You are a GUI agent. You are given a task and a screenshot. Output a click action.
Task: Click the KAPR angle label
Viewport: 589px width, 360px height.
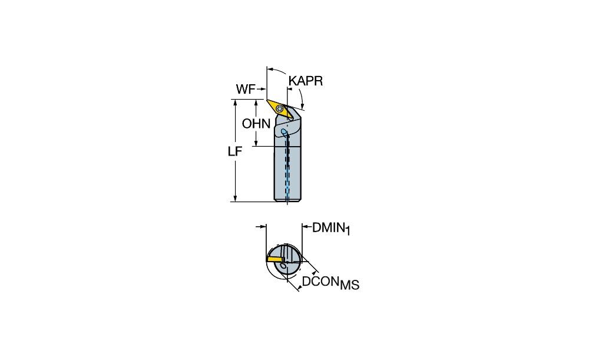[305, 81]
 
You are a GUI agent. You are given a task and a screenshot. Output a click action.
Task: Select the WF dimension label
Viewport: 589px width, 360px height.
[245, 89]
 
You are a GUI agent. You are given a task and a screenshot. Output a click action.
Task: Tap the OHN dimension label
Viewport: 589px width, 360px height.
[256, 124]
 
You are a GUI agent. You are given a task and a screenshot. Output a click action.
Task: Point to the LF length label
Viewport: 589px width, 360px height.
[235, 151]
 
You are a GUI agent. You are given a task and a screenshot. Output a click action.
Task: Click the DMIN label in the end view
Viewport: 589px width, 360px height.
[328, 227]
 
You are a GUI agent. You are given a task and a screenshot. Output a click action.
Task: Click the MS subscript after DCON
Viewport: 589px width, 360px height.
[349, 285]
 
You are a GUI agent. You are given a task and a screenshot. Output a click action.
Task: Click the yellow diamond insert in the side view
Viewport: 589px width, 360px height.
[280, 109]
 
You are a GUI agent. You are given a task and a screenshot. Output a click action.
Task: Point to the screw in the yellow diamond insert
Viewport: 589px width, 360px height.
[279, 108]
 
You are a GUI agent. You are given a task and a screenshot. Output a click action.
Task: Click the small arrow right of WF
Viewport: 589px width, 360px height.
[262, 89]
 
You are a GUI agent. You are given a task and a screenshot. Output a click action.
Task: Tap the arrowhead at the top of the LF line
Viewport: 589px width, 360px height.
[236, 103]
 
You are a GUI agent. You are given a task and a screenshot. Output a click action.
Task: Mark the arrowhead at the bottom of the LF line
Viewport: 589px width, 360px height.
[236, 199]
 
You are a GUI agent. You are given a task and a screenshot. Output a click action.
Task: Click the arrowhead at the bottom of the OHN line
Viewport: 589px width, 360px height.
[256, 143]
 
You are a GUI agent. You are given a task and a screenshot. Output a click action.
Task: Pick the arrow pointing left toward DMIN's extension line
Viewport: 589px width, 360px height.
[306, 227]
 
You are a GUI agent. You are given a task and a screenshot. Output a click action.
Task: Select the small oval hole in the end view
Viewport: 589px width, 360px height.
[283, 266]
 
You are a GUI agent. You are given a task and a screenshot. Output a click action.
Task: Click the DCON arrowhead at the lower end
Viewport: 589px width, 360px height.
[298, 288]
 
